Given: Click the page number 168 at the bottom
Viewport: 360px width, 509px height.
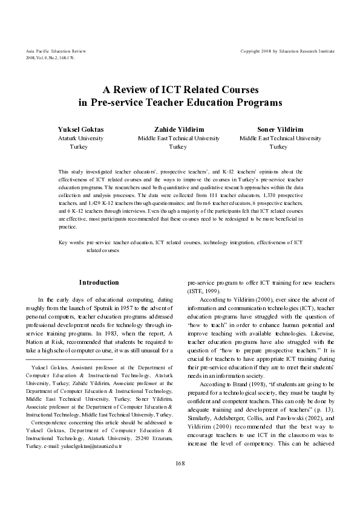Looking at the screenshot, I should tap(180, 463).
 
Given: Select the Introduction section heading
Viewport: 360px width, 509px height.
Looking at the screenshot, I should tap(99, 282).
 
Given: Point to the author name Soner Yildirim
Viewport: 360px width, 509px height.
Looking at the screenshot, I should tap(280, 129).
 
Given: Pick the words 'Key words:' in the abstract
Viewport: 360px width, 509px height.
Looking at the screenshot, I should tap(72, 242).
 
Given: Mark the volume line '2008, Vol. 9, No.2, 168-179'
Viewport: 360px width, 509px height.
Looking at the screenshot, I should tap(51, 58).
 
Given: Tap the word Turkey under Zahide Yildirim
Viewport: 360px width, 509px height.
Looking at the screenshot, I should tap(178, 146).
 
